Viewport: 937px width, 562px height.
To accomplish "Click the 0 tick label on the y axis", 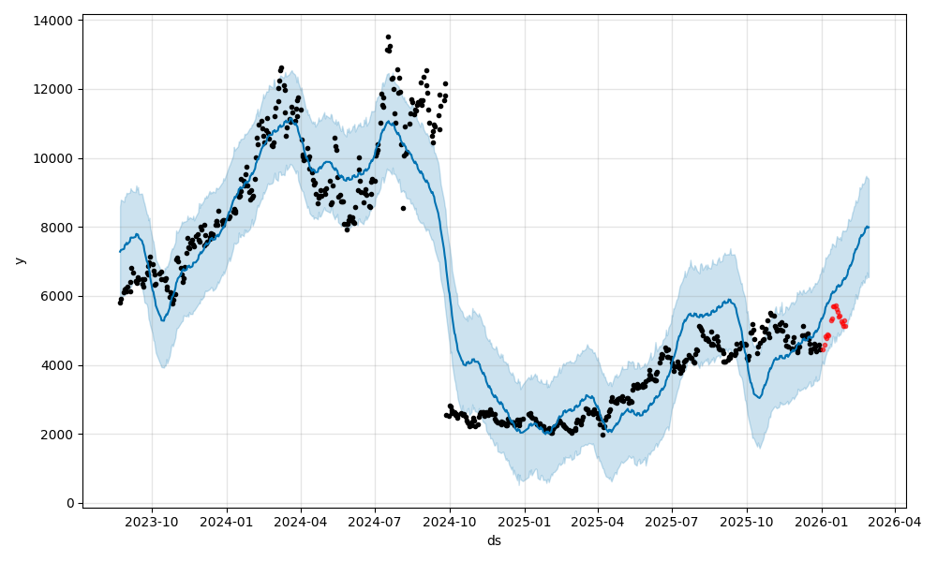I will coord(71,503).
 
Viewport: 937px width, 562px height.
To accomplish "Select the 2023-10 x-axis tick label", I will coord(152,522).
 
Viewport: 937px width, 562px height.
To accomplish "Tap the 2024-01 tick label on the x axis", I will coord(227,522).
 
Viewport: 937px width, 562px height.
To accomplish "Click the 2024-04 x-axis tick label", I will coord(301,522).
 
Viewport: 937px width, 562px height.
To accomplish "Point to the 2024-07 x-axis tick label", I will coord(375,522).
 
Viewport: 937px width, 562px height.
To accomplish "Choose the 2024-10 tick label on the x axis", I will coord(450,522).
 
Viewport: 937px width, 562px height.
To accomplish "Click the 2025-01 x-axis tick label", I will coord(525,522).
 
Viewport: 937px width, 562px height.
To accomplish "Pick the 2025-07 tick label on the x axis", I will coord(673,522).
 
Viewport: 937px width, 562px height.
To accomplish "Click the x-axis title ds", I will coord(494,540).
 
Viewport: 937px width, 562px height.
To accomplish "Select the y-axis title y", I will coord(19,260).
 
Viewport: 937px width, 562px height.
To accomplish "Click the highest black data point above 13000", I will coord(388,37).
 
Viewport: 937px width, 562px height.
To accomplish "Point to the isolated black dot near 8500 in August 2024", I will coord(403,208).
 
